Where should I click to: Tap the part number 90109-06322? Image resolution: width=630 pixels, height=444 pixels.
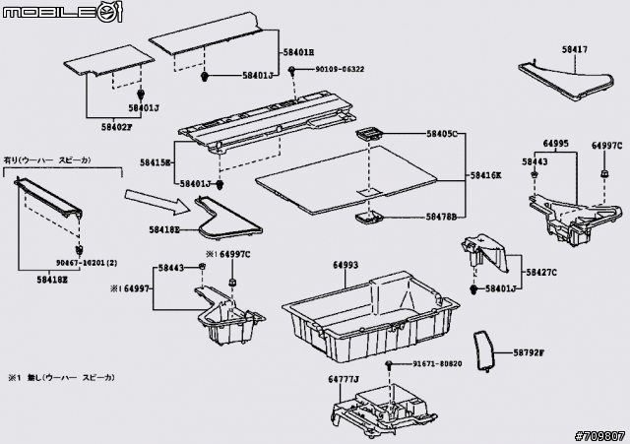point(340,70)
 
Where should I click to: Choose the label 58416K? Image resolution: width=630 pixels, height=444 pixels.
point(484,175)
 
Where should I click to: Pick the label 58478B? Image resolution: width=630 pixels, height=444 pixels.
point(442,216)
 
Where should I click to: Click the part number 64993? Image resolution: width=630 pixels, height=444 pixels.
point(345,265)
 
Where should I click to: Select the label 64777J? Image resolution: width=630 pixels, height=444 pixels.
point(344,378)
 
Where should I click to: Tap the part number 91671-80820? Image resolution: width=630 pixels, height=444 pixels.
point(437,364)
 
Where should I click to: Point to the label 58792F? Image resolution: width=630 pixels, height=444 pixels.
point(528,352)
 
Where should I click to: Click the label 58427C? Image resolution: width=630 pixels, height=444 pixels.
point(541,272)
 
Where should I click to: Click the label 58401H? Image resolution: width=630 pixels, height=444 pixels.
point(297,51)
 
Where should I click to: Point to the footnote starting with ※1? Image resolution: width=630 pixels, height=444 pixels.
point(61,377)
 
